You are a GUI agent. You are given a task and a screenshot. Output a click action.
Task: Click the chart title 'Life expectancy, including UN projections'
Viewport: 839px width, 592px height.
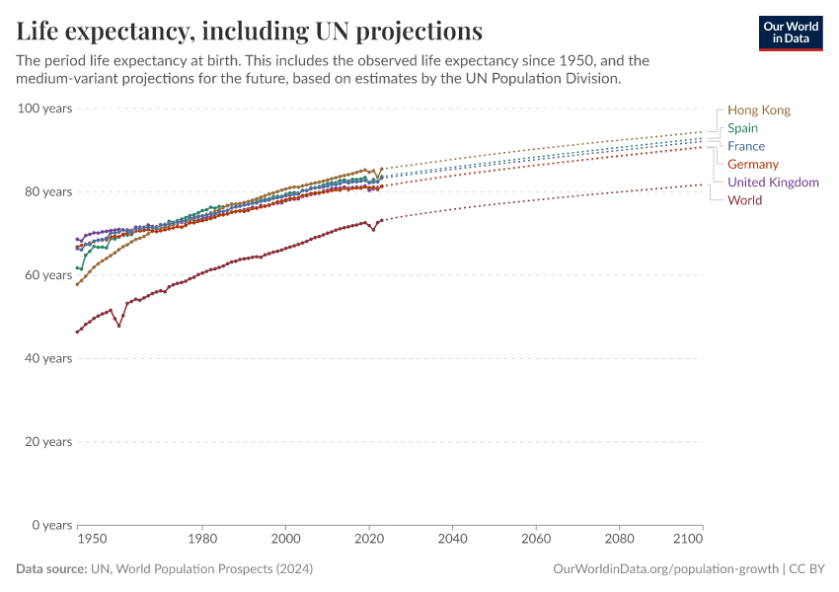(249, 31)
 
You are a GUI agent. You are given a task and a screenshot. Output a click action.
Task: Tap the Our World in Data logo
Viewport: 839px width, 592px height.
(790, 33)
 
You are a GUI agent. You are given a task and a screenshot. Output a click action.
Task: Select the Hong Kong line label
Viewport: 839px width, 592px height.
(758, 111)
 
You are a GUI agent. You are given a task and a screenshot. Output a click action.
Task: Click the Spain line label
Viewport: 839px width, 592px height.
(742, 128)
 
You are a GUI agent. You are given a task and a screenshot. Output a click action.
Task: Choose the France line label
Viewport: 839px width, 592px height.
(746, 146)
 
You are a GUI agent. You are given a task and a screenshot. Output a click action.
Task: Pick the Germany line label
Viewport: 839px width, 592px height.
(752, 164)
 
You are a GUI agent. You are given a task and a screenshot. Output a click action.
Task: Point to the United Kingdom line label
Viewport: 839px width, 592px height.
(773, 183)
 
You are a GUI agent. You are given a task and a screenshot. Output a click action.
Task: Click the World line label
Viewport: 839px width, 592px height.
(744, 200)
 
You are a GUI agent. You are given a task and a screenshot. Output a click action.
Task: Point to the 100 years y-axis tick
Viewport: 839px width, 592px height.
(44, 108)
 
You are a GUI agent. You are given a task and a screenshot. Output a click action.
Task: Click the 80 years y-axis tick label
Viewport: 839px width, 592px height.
(47, 191)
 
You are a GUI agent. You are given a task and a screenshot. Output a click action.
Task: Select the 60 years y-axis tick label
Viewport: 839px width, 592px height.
(47, 274)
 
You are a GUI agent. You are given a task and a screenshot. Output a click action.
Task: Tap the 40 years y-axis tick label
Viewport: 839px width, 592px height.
(47, 358)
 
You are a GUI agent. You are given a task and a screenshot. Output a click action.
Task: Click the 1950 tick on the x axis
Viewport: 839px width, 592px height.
(92, 540)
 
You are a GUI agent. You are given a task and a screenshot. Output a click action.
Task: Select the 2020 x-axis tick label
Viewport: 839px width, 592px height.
(368, 540)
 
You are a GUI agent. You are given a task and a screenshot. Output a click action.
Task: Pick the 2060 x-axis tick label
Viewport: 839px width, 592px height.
(535, 540)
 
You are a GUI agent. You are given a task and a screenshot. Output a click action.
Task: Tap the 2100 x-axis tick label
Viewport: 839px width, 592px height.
(689, 540)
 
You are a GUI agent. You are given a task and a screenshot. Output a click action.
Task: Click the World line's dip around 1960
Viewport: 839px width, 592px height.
(118, 325)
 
